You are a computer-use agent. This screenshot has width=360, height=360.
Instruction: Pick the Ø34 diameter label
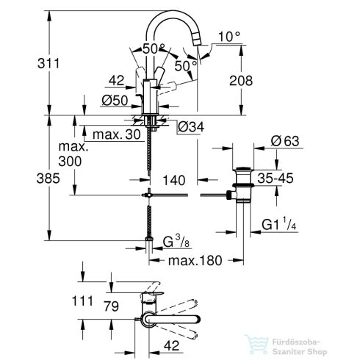tap(190, 126)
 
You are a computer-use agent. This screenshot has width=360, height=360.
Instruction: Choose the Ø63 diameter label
tap(284, 140)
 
